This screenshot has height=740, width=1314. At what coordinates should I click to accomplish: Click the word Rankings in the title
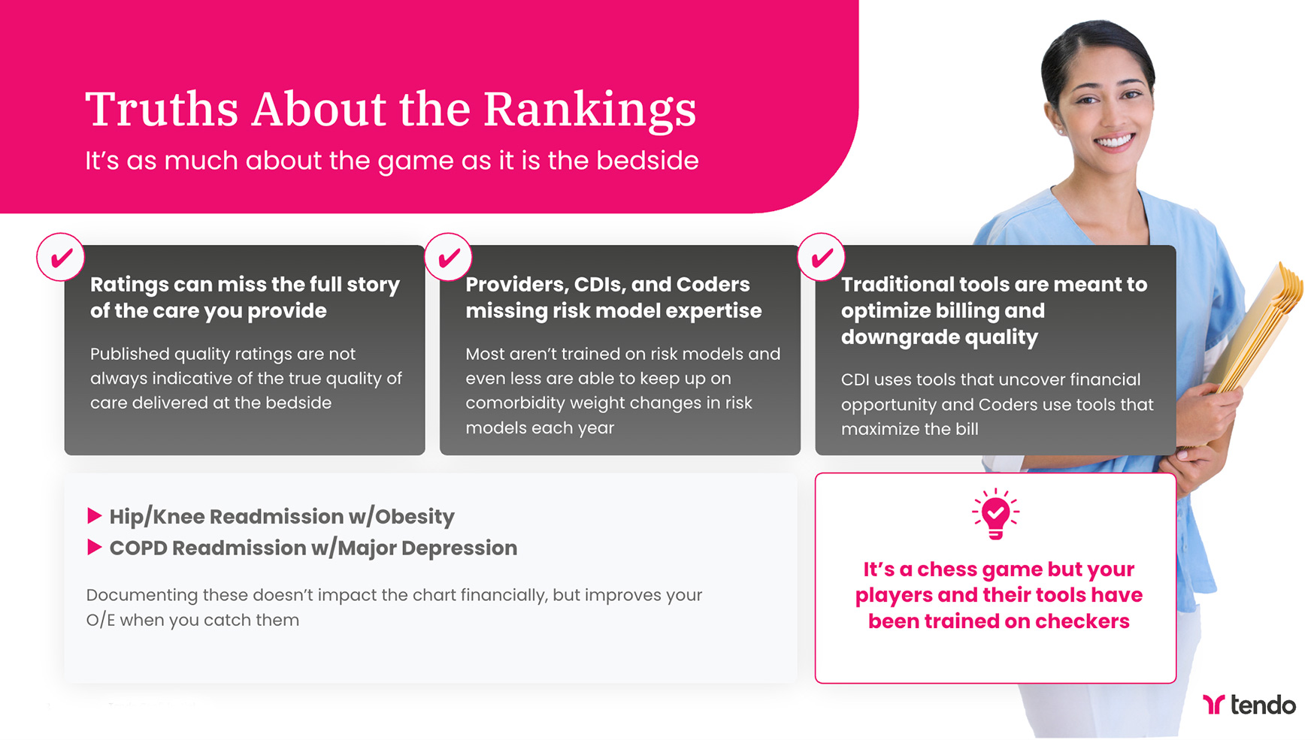coord(589,110)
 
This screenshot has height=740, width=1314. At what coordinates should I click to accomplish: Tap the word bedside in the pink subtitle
coord(647,161)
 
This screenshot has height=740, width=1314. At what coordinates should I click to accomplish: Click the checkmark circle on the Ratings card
coord(61,257)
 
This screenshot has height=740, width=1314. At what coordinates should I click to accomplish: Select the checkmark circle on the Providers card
coord(449,257)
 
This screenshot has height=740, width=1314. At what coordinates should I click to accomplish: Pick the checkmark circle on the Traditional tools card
coord(822,257)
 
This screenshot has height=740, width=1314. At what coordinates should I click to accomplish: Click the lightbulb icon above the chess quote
coord(995,514)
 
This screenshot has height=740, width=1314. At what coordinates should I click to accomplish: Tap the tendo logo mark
coord(1214,704)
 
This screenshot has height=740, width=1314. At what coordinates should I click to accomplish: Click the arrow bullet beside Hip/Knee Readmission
coord(95,515)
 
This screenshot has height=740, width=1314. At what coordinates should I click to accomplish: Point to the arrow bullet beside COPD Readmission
coord(95,547)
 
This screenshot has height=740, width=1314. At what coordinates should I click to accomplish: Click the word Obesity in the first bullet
coord(415,517)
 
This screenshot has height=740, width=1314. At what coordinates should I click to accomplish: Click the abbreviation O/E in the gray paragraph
coord(101,620)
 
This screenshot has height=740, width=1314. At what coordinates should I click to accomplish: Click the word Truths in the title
coord(162,110)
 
